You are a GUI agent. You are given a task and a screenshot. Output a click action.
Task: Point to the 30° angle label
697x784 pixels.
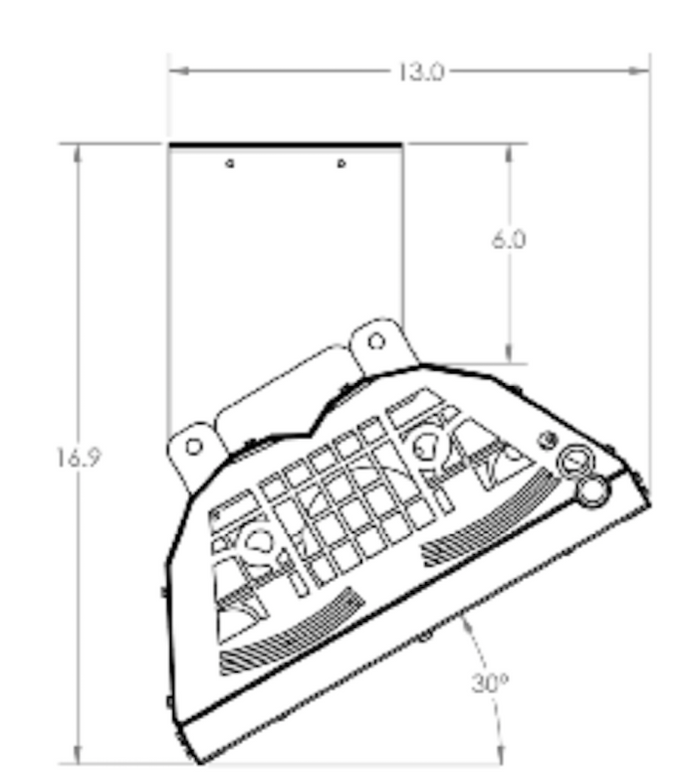pyautogui.click(x=487, y=686)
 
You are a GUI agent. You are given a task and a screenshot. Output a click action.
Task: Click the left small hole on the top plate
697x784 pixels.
pyautogui.click(x=230, y=162)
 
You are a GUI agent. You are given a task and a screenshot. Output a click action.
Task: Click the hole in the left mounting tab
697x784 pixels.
pyautogui.click(x=195, y=443)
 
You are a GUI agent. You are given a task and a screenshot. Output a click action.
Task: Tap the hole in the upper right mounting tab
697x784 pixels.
pyautogui.click(x=375, y=341)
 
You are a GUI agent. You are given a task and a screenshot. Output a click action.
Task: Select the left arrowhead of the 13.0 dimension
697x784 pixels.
pyautogui.click(x=175, y=71)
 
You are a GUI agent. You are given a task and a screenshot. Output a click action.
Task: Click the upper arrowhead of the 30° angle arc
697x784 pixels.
pyautogui.click(x=463, y=623)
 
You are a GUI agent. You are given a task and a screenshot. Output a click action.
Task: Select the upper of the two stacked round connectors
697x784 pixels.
pyautogui.click(x=575, y=460)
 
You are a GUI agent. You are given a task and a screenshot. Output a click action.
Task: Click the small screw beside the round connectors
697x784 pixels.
pyautogui.click(x=546, y=438)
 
